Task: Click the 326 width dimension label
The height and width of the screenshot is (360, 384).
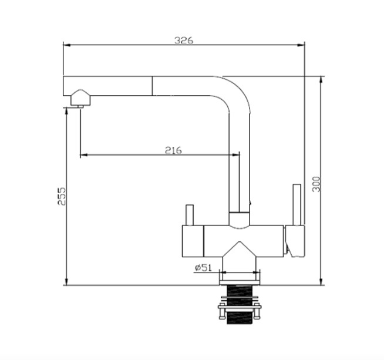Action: (x=184, y=40)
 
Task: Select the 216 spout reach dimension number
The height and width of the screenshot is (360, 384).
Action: (x=173, y=150)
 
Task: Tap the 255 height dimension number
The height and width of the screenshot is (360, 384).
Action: (x=62, y=196)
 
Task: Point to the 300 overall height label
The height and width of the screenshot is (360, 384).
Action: (x=316, y=184)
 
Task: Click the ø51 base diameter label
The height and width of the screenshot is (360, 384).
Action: (x=203, y=268)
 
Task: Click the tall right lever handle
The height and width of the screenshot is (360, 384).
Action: (x=297, y=204)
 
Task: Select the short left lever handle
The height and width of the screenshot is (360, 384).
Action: (x=190, y=215)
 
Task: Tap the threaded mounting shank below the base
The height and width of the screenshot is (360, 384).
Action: (x=240, y=305)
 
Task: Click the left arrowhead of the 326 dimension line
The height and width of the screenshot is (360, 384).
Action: (x=67, y=45)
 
